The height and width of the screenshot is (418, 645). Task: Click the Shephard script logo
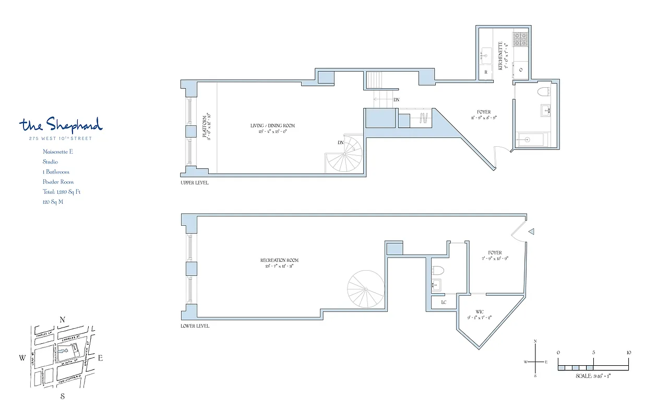(61, 125)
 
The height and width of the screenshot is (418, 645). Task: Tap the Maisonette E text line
(57, 152)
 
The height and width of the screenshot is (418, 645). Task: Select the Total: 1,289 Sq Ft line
(62, 192)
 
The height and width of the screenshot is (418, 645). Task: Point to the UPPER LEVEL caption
(195, 183)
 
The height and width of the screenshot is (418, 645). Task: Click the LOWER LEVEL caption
(195, 326)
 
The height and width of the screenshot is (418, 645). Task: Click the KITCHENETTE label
(501, 55)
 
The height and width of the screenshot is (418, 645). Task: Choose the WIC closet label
(479, 312)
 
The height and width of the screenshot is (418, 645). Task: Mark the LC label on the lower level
(444, 303)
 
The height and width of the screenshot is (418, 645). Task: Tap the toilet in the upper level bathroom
(544, 93)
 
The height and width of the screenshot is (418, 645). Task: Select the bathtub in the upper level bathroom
(531, 140)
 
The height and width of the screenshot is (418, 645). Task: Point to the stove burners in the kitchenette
(520, 38)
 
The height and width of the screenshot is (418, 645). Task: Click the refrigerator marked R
(486, 72)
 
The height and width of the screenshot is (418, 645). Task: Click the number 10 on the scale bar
(628, 353)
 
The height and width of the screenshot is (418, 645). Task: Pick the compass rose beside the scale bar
(536, 362)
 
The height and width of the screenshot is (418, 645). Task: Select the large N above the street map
(63, 320)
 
